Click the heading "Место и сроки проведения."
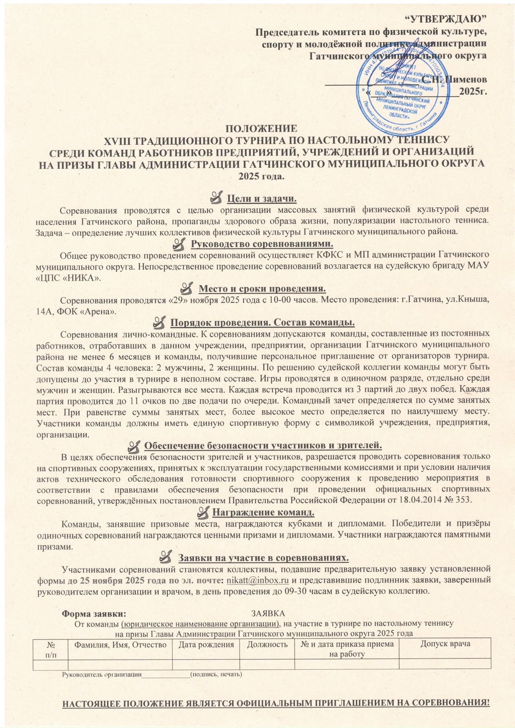point(262,289)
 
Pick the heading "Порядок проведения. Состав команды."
point(262,323)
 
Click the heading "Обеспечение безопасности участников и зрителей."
point(262,445)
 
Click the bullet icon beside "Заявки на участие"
point(166,558)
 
